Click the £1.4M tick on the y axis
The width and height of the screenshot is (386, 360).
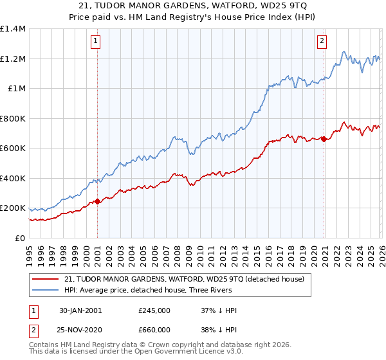pos(13,29)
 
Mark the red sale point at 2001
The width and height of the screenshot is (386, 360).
pos(97,202)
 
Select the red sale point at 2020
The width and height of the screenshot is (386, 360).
pos(324,139)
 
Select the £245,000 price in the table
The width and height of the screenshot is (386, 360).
pos(154,310)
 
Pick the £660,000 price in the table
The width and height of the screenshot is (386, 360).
pos(154,330)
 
